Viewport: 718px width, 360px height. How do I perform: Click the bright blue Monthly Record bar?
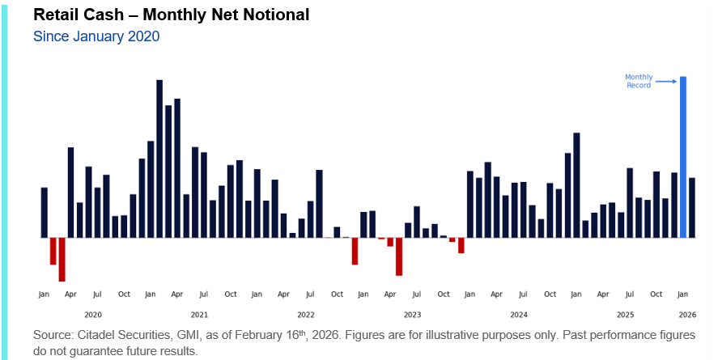pyautogui.click(x=683, y=157)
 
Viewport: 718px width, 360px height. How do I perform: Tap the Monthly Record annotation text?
pyautogui.click(x=638, y=81)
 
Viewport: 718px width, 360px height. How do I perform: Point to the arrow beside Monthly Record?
pyautogui.click(x=665, y=81)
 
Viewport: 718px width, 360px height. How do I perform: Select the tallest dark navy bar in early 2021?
pyautogui.click(x=159, y=159)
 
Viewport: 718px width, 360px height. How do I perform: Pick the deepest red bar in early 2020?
pyautogui.click(x=62, y=259)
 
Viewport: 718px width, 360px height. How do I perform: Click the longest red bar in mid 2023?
pyautogui.click(x=399, y=256)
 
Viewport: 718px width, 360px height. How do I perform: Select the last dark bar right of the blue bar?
pyautogui.click(x=692, y=207)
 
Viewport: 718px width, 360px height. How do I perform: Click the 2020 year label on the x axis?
pyautogui.click(x=93, y=314)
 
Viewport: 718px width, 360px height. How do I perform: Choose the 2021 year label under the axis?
pyautogui.click(x=199, y=314)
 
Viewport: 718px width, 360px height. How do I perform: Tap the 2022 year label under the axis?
pyautogui.click(x=306, y=314)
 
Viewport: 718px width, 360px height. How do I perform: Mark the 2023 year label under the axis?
pyautogui.click(x=412, y=314)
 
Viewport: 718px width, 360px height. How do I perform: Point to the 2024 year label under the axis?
pyautogui.click(x=519, y=314)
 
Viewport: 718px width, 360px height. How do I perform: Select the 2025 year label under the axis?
pyautogui.click(x=625, y=314)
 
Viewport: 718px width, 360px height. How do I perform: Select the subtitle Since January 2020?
pyautogui.click(x=96, y=36)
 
